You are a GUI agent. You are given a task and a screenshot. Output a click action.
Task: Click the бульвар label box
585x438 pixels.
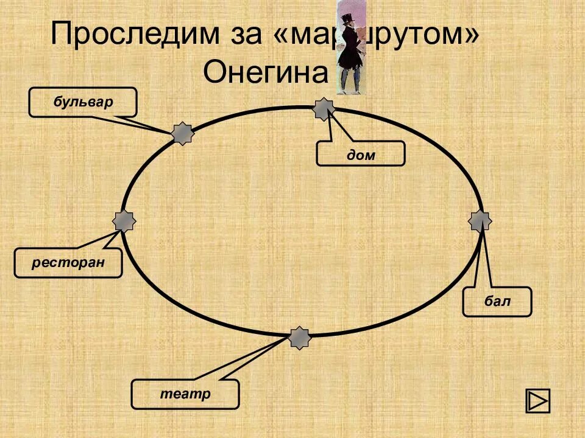[83, 102]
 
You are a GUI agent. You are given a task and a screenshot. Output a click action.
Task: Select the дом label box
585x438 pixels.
[360, 153]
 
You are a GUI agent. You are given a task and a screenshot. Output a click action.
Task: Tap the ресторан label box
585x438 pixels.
[68, 263]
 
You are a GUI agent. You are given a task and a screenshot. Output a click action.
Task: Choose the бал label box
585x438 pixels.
[497, 302]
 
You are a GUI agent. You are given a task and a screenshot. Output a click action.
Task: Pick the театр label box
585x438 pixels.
[185, 394]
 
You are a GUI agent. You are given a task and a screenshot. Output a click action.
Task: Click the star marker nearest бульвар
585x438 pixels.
[182, 133]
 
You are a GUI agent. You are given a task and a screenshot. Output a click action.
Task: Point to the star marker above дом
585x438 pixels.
[324, 109]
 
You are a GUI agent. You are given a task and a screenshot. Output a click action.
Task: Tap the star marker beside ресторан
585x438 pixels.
[124, 221]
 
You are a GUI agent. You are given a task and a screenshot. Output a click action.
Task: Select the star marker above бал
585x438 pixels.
[480, 221]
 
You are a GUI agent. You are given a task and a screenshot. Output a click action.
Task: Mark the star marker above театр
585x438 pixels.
[299, 338]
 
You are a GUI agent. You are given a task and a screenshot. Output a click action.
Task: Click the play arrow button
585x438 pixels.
[537, 401]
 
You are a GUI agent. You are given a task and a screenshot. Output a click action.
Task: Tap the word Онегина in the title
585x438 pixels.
[265, 73]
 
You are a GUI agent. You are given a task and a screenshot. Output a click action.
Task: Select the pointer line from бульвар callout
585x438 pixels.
[149, 123]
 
